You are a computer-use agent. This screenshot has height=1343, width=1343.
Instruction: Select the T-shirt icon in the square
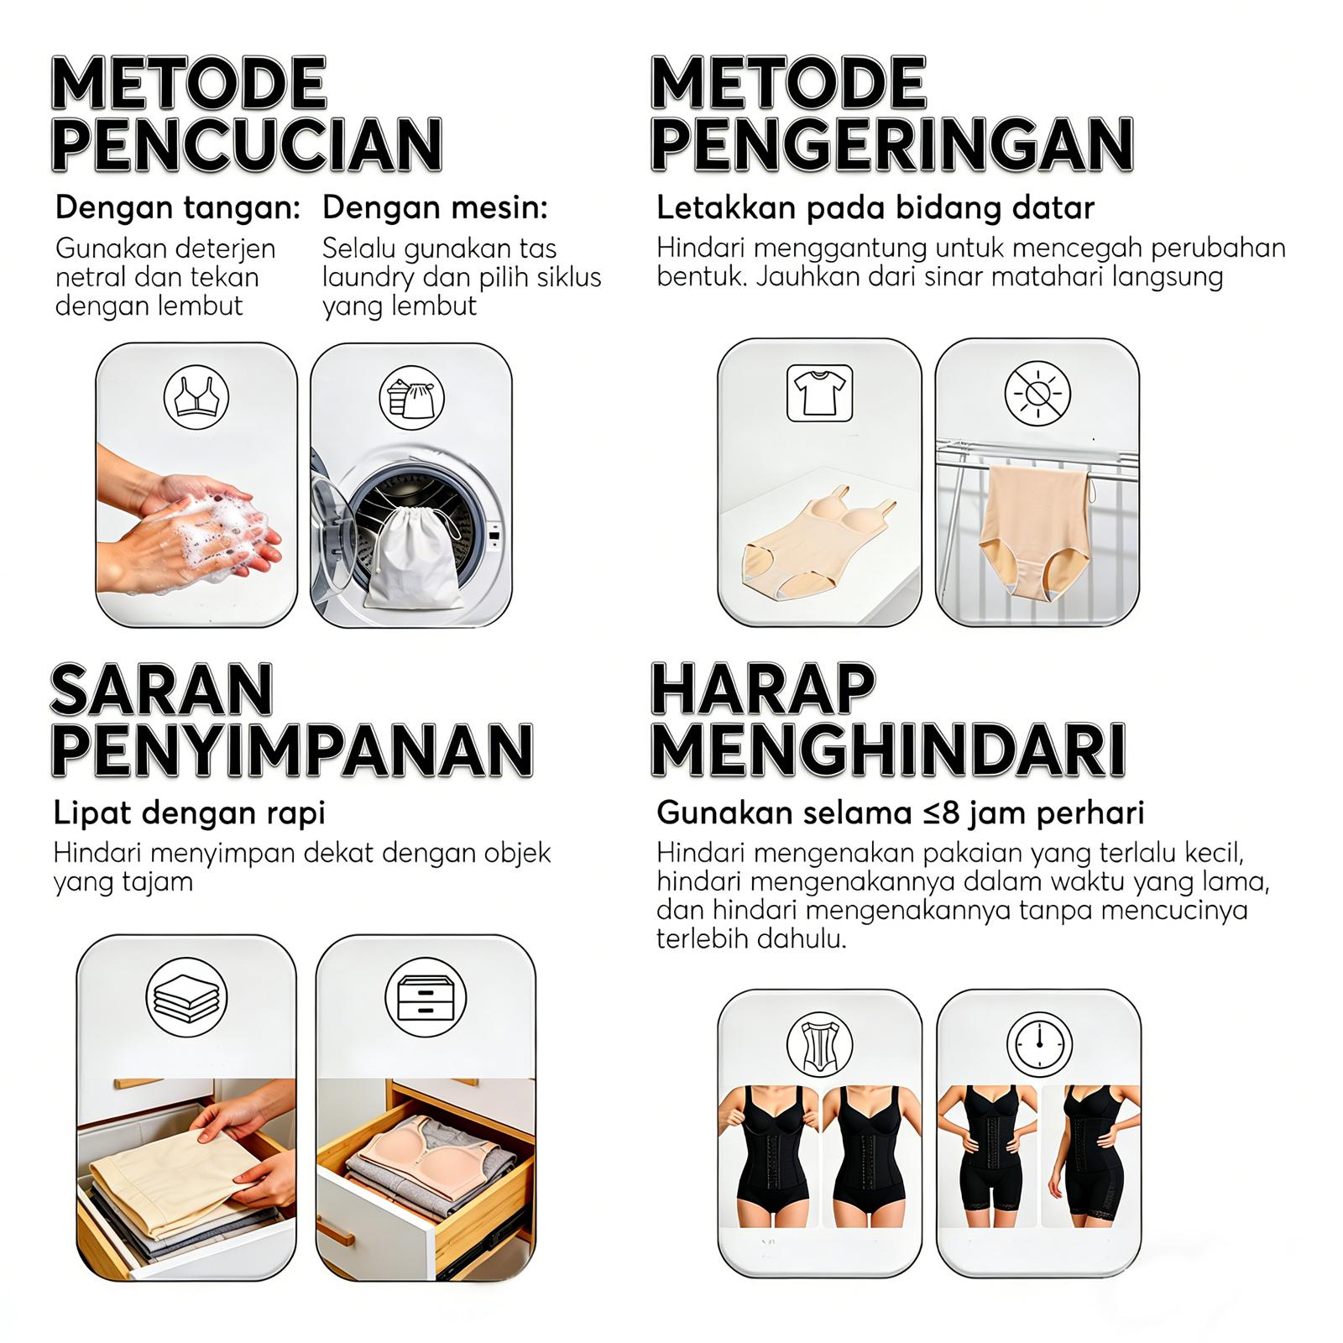pyautogui.click(x=819, y=393)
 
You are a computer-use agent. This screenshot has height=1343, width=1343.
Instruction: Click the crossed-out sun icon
pyautogui.click(x=1037, y=393)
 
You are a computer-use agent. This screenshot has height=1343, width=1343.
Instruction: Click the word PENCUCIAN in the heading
pyautogui.click(x=247, y=144)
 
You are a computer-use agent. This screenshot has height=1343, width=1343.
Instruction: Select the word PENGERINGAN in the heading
pyautogui.click(x=891, y=144)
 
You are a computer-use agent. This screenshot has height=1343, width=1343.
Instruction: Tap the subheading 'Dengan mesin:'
pyautogui.click(x=435, y=207)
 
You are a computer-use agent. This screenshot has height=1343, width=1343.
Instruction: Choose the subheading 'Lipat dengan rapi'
pyautogui.click(x=189, y=813)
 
